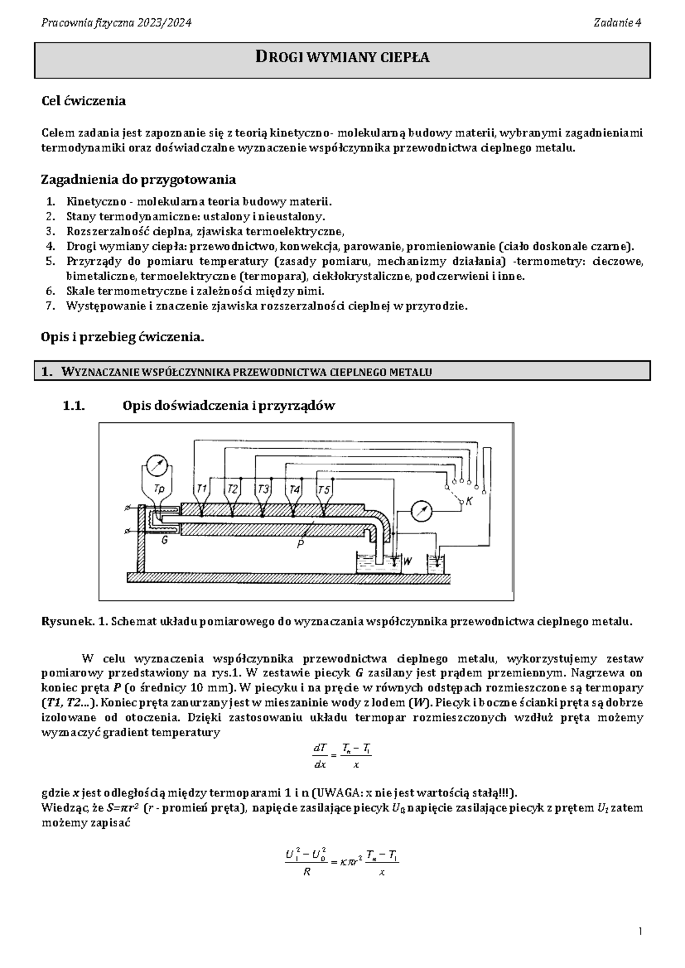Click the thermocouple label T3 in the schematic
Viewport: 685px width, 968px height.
tap(263, 489)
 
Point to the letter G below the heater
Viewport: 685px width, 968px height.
tap(164, 541)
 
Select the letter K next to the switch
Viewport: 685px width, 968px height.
tap(469, 502)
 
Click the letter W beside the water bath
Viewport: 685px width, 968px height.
tap(408, 561)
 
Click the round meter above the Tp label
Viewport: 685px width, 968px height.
tap(156, 466)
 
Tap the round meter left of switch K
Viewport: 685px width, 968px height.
tap(421, 511)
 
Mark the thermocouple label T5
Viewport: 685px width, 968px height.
tap(324, 490)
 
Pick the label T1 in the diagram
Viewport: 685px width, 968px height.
tap(202, 489)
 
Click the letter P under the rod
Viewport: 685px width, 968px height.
tap(300, 544)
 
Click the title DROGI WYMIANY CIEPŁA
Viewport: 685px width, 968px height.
tap(342, 57)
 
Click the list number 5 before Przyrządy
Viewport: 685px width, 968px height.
tap(50, 261)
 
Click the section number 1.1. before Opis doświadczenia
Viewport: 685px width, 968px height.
tap(74, 406)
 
